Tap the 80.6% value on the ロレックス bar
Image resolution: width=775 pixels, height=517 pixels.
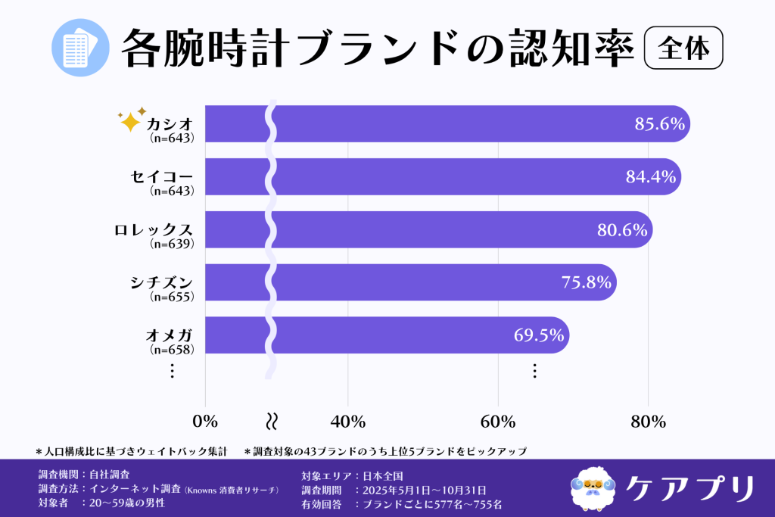click(622, 230)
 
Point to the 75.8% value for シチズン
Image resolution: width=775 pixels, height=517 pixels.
click(586, 282)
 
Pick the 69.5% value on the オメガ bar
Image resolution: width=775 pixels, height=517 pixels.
click(539, 335)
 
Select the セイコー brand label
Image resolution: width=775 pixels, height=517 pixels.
click(160, 176)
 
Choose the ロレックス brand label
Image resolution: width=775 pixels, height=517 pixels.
click(154, 229)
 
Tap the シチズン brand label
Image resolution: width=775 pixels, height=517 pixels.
click(160, 282)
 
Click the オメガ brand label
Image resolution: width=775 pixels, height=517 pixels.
click(169, 335)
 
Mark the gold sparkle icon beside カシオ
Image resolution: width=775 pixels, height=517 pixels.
click(132, 120)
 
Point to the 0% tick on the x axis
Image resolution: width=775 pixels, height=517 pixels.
click(205, 422)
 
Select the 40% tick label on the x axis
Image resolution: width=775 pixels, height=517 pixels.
click(347, 422)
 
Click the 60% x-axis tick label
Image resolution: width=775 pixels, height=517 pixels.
click(498, 422)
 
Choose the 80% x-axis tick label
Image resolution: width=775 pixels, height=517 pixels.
click(649, 422)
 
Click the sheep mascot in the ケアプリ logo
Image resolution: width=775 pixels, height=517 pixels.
click(593, 484)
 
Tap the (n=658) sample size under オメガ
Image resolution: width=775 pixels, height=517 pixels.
click(172, 350)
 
